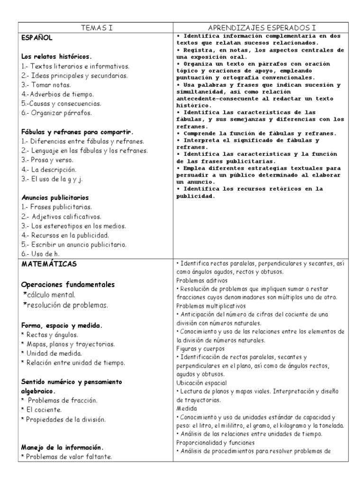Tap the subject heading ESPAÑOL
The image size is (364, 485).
(37, 37)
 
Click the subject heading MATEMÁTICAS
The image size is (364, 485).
(49, 263)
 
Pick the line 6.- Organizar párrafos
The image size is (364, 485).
(56, 113)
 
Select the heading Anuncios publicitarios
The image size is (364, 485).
(55, 198)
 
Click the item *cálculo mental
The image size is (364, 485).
(49, 295)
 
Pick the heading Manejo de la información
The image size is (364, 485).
(63, 447)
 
